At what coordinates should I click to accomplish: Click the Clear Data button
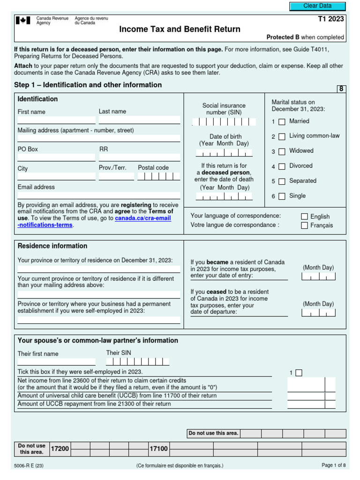[x=317, y=6]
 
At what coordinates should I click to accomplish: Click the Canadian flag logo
[x=23, y=21]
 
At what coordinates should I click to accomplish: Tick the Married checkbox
[x=282, y=122]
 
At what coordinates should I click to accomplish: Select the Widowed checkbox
[x=282, y=151]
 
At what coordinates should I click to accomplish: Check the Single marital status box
[x=282, y=196]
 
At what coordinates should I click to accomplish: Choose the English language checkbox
[x=305, y=217]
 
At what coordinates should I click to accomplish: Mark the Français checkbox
[x=305, y=225]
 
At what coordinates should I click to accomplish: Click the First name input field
[x=56, y=120]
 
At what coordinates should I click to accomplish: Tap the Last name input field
[x=139, y=120]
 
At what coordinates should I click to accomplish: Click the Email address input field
[x=98, y=195]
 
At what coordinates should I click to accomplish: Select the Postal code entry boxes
[x=158, y=177]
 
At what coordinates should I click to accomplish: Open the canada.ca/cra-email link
[x=142, y=218]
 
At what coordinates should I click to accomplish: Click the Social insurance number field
[x=224, y=122]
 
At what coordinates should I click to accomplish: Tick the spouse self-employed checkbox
[x=299, y=373]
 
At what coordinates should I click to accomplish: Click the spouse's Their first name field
[x=56, y=362]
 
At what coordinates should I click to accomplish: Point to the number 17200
[x=60, y=449]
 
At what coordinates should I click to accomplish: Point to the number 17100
[x=158, y=449]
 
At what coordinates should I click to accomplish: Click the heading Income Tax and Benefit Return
[x=180, y=30]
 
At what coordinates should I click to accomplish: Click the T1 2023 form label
[x=330, y=19]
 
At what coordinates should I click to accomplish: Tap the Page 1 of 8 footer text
[x=333, y=465]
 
